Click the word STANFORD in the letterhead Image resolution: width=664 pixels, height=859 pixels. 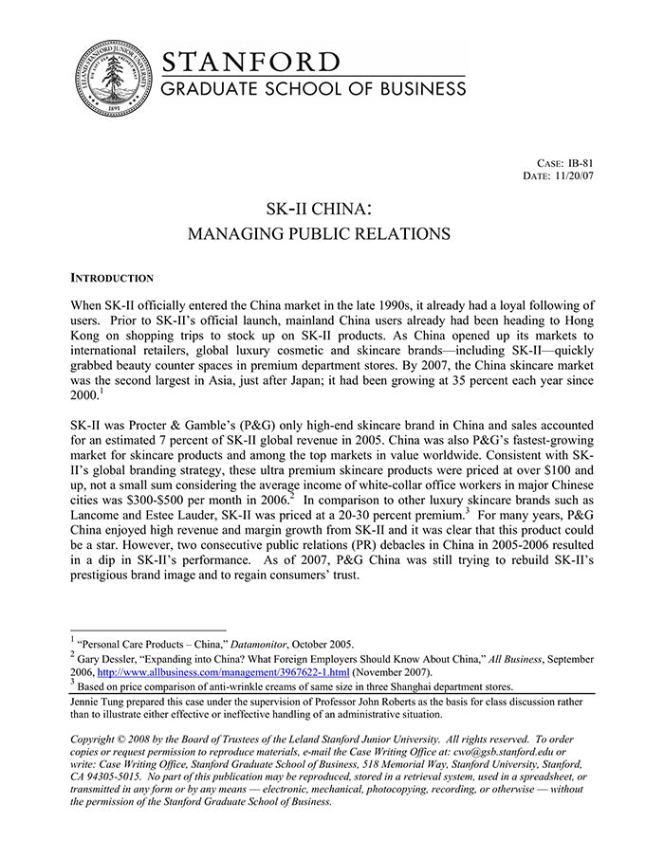pyautogui.click(x=251, y=62)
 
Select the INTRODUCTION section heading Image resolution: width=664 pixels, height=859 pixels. pyautogui.click(x=112, y=279)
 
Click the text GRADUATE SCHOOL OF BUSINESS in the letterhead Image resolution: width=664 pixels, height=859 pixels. pyautogui.click(x=314, y=89)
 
